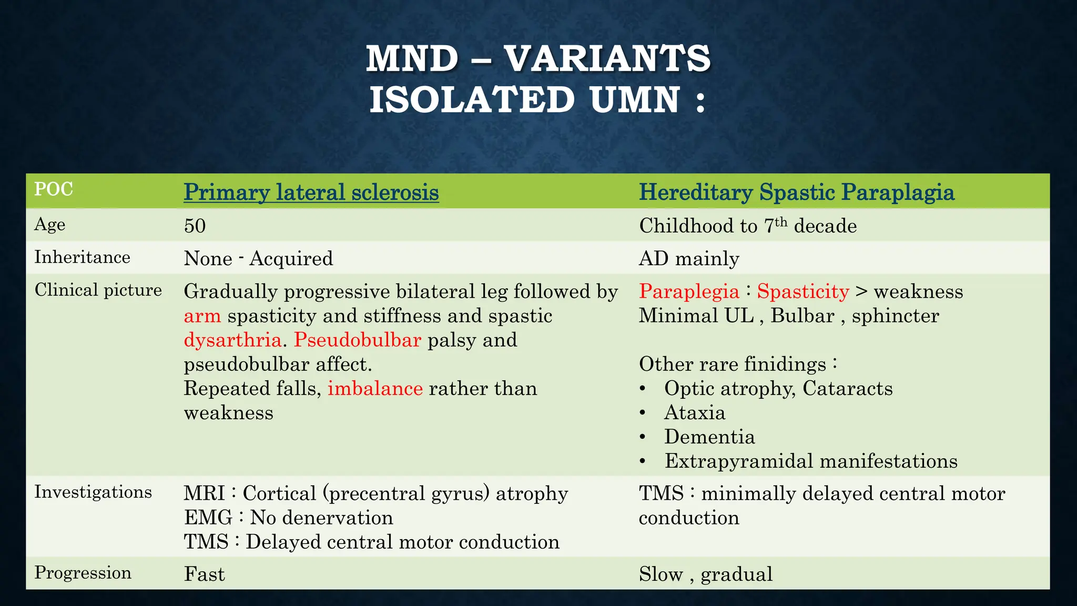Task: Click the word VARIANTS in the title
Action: (x=607, y=58)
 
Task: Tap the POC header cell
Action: (x=53, y=189)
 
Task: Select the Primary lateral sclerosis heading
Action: (x=311, y=193)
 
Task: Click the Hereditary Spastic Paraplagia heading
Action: (x=796, y=193)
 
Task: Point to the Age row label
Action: (x=50, y=225)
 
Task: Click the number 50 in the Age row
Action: (x=195, y=226)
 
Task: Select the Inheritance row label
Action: (x=82, y=257)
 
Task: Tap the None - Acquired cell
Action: (x=258, y=259)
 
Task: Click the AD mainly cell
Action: (x=689, y=259)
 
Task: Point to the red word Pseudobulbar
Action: (x=357, y=340)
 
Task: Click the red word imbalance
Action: (x=375, y=389)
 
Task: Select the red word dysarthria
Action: (x=232, y=340)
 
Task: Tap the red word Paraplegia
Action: (x=689, y=291)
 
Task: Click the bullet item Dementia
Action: (x=709, y=437)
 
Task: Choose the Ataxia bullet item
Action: (x=695, y=413)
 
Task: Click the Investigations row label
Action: (x=93, y=492)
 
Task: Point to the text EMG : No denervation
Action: (x=288, y=518)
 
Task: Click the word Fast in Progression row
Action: (x=204, y=574)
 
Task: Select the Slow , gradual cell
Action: (x=706, y=574)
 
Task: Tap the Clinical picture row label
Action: (x=98, y=290)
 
